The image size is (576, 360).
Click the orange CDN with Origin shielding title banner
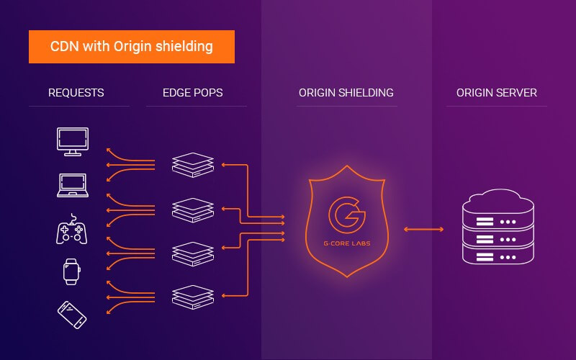click(132, 47)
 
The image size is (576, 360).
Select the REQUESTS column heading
click(76, 93)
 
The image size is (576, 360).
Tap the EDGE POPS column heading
click(192, 93)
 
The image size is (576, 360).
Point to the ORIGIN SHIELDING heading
click(346, 93)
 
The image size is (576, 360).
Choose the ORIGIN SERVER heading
click(497, 93)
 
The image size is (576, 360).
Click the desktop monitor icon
click(73, 141)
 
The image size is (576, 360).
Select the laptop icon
click(73, 185)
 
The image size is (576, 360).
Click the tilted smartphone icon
click(73, 314)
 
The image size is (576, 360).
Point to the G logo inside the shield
click(346, 213)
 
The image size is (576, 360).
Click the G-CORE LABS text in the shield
click(346, 245)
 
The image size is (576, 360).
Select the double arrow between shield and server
click(423, 229)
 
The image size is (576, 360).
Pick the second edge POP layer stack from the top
click(193, 209)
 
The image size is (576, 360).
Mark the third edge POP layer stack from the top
click(193, 252)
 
